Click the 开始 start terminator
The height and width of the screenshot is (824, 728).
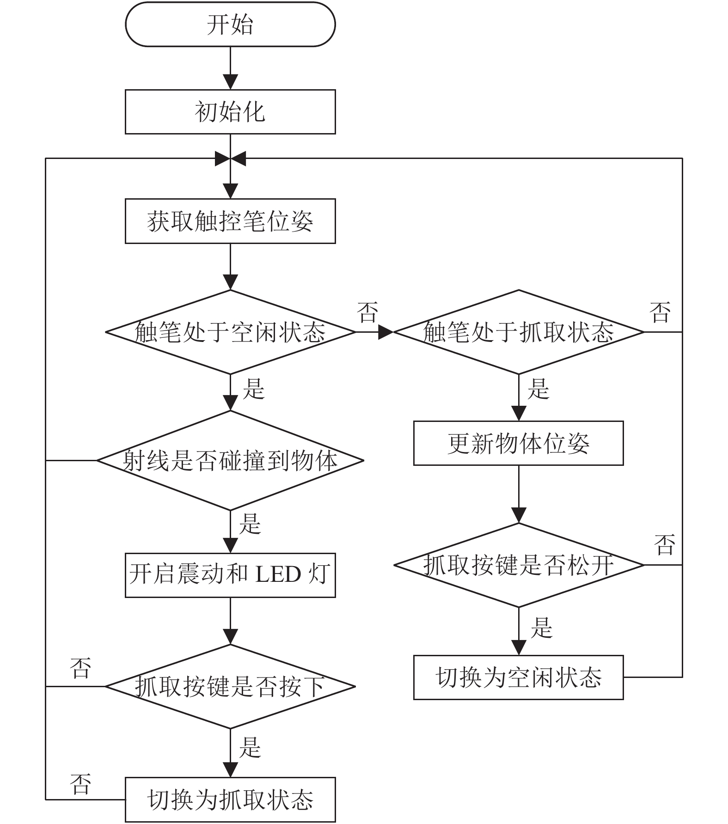[x=230, y=24]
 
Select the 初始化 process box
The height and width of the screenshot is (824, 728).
[x=230, y=112]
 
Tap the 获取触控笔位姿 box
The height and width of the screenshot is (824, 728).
[x=230, y=221]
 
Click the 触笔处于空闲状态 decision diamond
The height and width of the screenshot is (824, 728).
[x=230, y=332]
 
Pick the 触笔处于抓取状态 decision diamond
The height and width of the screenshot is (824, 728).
[x=519, y=332]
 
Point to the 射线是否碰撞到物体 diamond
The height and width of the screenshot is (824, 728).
[x=230, y=460]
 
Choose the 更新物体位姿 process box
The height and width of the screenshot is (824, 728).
[x=519, y=443]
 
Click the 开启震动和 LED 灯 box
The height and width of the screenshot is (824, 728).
[x=230, y=575]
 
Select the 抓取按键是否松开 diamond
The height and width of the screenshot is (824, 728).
[x=519, y=565]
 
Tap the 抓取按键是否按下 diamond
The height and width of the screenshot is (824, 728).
[x=230, y=686]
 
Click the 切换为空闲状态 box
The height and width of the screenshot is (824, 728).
[x=519, y=677]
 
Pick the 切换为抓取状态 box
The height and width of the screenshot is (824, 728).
[x=230, y=800]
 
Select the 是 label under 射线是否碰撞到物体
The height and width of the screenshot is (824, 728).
[x=250, y=524]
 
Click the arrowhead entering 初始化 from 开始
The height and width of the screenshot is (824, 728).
[x=230, y=82]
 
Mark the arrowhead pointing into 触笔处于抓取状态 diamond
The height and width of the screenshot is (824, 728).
[x=385, y=332]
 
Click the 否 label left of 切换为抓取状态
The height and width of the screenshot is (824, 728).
[x=80, y=784]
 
